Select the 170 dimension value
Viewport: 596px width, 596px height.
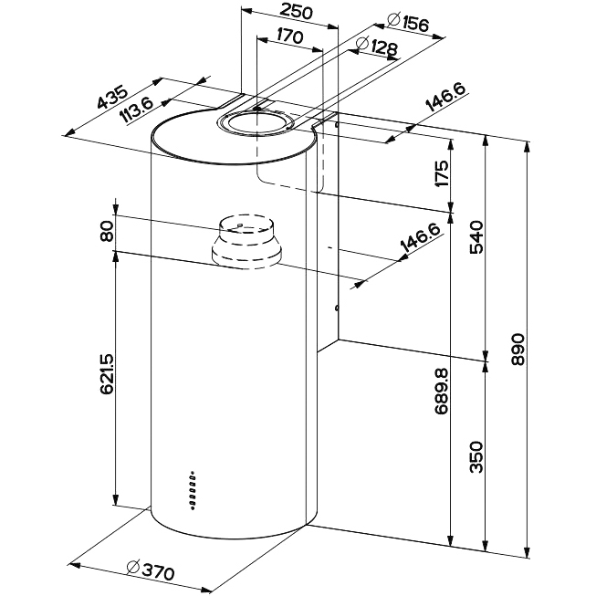(288, 37)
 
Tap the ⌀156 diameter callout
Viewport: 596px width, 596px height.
(409, 26)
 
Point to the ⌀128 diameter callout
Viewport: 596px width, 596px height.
(374, 46)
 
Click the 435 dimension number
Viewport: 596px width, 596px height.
(112, 103)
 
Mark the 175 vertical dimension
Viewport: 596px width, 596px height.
(441, 173)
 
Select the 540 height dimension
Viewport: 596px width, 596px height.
(475, 239)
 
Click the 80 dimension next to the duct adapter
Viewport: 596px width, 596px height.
(107, 232)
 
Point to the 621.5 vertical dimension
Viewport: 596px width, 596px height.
(107, 374)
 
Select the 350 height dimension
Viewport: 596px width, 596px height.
(475, 456)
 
